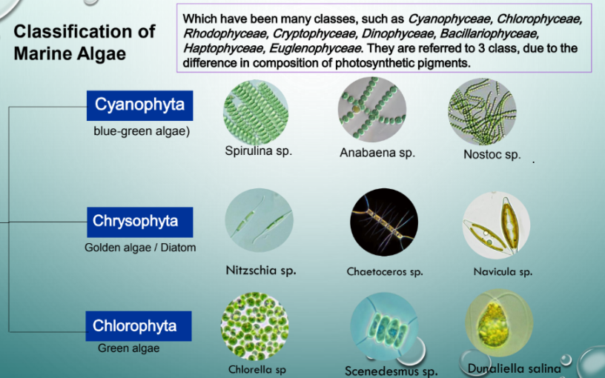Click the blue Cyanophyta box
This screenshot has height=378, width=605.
139,106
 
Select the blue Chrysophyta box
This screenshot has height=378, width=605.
139,222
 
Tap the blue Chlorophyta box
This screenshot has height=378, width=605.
139,326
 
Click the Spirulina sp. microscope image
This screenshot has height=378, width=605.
256,112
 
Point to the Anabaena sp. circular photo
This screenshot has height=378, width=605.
372,109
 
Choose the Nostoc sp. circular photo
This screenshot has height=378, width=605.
482,112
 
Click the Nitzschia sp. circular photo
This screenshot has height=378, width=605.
259,221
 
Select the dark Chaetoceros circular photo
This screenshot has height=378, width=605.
384,222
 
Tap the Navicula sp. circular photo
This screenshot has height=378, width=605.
496,225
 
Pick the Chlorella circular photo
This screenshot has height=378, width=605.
254,326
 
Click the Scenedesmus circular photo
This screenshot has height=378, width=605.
384,326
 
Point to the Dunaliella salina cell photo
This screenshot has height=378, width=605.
499,323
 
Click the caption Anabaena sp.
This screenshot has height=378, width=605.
377,153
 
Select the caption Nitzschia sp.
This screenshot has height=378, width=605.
261,270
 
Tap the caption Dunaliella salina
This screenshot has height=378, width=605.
515,368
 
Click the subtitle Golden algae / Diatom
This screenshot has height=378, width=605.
140,248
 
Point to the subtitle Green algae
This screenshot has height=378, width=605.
128,348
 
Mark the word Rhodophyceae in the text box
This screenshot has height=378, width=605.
225,33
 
